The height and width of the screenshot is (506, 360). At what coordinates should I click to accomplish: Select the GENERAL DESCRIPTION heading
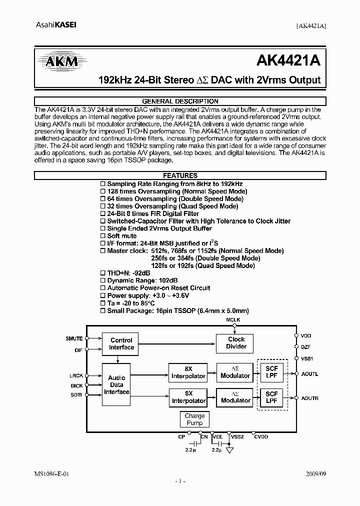click(180, 101)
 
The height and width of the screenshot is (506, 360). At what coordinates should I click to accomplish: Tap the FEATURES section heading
click(180, 176)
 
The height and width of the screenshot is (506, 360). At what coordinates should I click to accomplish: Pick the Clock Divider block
click(236, 342)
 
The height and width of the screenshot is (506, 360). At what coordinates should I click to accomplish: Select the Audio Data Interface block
click(116, 384)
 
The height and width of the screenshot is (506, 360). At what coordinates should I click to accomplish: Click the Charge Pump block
click(194, 419)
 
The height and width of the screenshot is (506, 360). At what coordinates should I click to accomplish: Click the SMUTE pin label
click(74, 338)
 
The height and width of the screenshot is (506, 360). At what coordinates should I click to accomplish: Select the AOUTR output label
click(309, 398)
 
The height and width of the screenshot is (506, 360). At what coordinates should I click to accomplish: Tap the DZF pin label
click(306, 346)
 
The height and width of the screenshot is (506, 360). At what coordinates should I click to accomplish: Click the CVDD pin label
click(260, 436)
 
